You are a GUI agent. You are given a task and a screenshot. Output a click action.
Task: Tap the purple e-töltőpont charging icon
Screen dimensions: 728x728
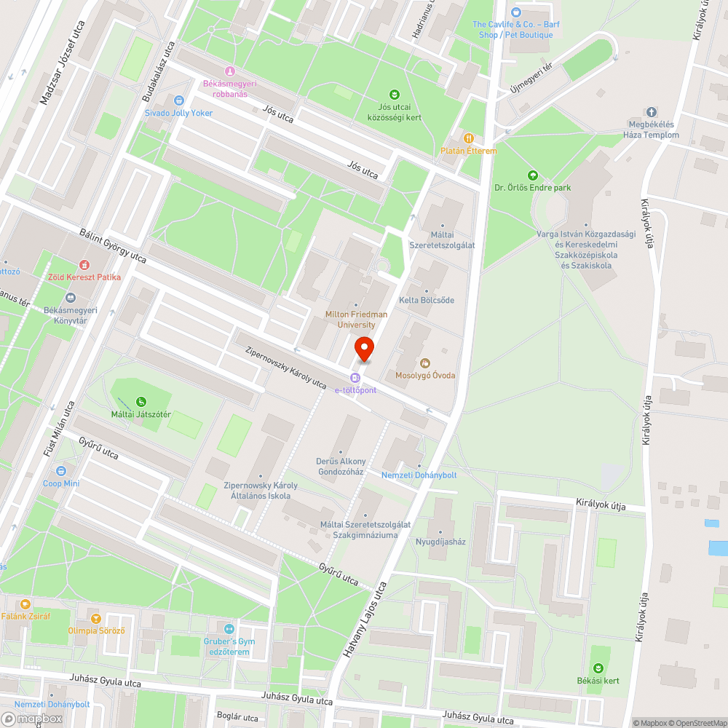[355, 378]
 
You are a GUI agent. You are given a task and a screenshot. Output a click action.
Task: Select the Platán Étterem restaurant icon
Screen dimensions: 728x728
[470, 138]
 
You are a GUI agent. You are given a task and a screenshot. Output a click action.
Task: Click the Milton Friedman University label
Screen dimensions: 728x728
[356, 319]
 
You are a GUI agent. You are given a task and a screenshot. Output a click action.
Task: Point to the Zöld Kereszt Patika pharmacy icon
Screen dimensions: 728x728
[85, 265]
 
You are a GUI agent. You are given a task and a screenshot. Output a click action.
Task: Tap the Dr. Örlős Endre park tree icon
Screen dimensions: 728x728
[532, 175]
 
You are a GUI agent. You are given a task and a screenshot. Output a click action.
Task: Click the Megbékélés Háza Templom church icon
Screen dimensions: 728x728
[651, 113]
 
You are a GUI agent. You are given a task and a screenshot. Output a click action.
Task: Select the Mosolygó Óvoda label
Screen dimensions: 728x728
[425, 376]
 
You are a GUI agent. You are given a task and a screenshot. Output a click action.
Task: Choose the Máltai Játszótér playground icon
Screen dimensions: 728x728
[141, 401]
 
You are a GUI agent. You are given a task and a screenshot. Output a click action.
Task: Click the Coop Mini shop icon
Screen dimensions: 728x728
[60, 470]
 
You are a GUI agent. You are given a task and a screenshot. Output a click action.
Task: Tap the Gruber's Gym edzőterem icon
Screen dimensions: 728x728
[229, 629]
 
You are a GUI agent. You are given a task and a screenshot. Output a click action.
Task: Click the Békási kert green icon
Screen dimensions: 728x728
[598, 668]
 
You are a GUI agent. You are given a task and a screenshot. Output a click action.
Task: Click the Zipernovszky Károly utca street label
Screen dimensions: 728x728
[285, 367]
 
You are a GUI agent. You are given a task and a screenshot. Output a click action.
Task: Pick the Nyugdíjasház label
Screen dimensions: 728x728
[440, 542]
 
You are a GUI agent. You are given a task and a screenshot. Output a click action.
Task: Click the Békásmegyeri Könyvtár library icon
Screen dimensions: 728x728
[70, 297]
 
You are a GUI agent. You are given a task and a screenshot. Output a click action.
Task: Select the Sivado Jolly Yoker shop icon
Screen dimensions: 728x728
[179, 100]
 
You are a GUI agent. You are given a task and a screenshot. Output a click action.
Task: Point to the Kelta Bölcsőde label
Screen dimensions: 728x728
[427, 300]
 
